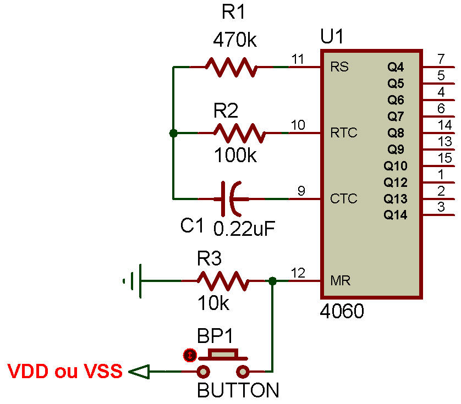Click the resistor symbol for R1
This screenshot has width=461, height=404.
(231, 67)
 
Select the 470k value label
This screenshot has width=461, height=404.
(235, 40)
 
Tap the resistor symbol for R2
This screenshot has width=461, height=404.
(239, 132)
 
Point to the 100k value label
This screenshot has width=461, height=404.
(235, 156)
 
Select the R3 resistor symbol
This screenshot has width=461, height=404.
(223, 281)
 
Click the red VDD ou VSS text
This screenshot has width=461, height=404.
(65, 372)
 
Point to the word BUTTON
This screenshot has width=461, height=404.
(238, 391)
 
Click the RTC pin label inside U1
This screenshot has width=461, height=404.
(343, 132)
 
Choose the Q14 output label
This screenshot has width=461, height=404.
(396, 215)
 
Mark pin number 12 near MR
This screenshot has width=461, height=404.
(298, 272)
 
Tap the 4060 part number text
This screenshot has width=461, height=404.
(342, 312)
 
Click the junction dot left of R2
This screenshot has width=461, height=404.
(173, 133)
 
